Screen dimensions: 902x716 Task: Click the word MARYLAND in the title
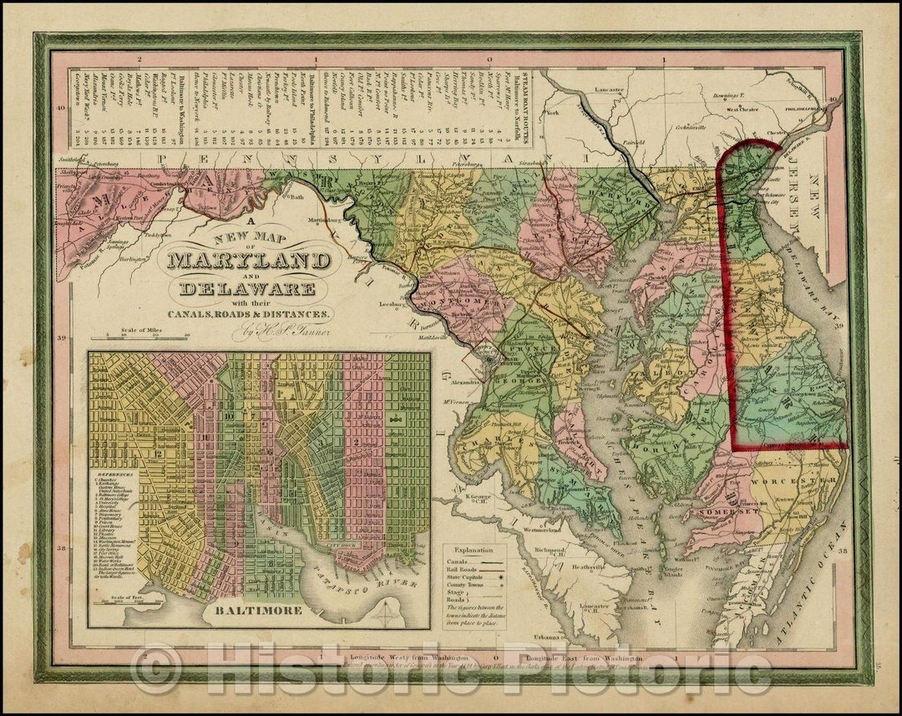point(248,261)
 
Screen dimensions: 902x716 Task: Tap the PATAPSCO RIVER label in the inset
point(341,588)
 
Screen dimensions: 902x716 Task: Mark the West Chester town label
point(742,108)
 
